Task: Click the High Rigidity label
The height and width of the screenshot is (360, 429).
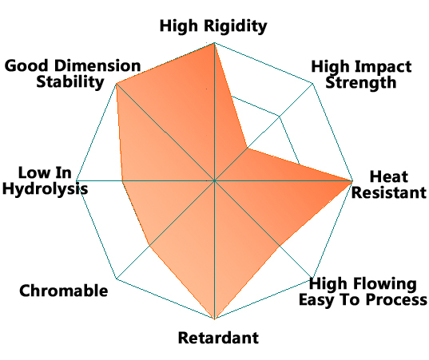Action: [x=213, y=26]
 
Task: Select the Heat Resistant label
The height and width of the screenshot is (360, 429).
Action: [x=389, y=184]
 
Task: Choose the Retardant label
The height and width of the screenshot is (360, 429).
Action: [x=218, y=338]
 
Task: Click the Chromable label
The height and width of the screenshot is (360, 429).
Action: [x=63, y=291]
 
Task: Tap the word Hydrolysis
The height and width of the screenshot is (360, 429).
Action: [x=46, y=189]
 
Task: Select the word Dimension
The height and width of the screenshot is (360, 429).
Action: [x=97, y=66]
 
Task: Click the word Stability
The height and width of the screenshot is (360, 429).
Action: [x=70, y=82]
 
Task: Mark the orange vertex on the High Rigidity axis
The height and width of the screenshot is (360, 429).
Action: [x=214, y=43]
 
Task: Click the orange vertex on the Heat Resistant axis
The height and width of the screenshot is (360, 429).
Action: [x=352, y=180]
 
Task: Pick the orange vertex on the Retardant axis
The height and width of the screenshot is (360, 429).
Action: [x=214, y=318]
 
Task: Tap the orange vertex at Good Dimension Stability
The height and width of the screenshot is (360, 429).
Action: [x=117, y=84]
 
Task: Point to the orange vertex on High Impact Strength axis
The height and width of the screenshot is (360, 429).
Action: [x=248, y=148]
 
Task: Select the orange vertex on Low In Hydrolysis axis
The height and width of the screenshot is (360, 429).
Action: [x=122, y=180]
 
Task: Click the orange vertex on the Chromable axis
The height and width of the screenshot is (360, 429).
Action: [x=149, y=246]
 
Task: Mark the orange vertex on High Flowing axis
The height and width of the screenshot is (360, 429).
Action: [x=280, y=246]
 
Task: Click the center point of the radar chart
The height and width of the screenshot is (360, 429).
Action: [x=214, y=180]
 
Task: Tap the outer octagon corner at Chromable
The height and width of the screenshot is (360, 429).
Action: [x=117, y=279]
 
